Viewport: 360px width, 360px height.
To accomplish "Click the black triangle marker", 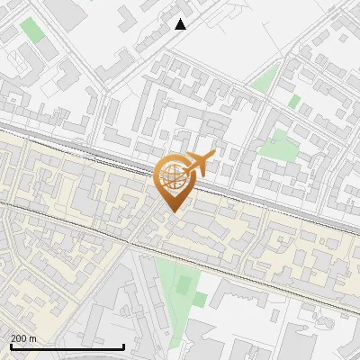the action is (181, 24).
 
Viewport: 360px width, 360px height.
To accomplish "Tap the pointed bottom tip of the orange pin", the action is (172, 211).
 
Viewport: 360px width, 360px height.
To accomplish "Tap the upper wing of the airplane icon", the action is (196, 157).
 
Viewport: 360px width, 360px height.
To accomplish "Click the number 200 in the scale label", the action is (19, 338).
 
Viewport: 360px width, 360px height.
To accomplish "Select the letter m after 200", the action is (33, 338).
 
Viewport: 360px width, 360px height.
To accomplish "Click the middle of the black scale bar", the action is (67, 346).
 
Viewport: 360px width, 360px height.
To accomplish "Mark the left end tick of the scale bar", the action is (11, 345).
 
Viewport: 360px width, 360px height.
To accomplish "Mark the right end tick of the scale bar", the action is (123, 345).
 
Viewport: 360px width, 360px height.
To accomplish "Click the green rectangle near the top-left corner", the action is (32, 30).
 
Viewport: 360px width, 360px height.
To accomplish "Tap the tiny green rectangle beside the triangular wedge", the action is (293, 100).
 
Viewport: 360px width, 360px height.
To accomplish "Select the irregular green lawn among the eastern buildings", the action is (279, 143).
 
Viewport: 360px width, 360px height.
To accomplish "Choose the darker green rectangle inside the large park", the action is (184, 286).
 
